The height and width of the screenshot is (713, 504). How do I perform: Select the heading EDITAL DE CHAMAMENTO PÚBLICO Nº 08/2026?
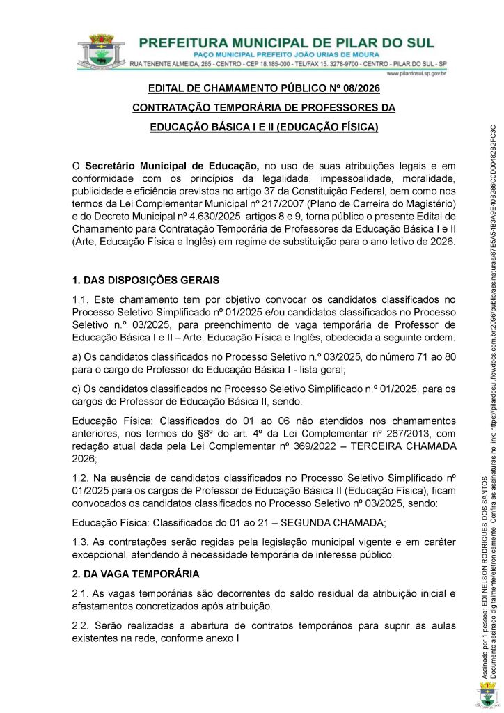pyautogui.click(x=264, y=89)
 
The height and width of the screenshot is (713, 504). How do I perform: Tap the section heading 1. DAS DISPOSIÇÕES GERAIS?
pyautogui.click(x=145, y=281)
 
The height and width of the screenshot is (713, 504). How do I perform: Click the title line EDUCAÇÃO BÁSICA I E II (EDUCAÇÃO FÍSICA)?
pyautogui.click(x=264, y=127)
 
